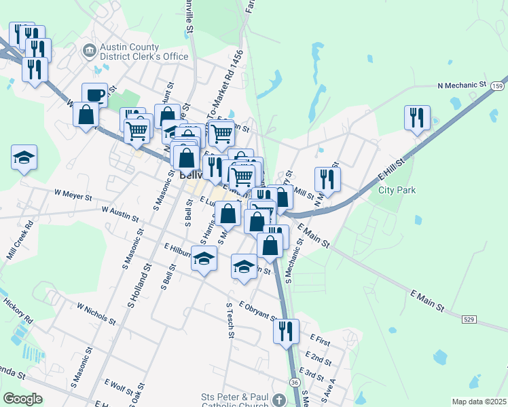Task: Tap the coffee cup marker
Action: coord(94,95)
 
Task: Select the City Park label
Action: coord(397,191)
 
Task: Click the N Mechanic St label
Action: coord(462,86)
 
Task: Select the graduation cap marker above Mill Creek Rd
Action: coord(24,157)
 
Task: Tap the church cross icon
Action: coord(279,399)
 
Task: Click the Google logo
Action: coord(23,399)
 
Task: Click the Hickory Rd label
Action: coord(18,309)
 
